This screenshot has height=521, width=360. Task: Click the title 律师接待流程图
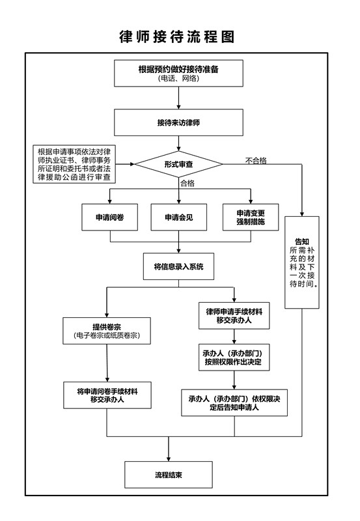177,36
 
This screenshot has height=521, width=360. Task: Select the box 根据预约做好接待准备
178,74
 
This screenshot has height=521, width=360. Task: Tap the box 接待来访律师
178,122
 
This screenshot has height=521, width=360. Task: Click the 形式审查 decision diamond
178,164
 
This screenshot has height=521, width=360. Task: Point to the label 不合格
256,161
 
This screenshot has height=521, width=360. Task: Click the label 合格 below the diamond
187,183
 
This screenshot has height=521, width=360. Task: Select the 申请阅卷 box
109,218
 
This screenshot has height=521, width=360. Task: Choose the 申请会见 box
178,218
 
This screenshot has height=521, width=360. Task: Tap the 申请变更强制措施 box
251,218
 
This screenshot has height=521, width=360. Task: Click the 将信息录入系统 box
178,266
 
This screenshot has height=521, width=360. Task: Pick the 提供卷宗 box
107,331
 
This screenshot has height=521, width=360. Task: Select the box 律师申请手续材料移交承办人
234,316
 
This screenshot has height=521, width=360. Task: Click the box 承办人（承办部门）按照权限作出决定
234,357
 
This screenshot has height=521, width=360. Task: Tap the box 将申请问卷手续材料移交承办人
107,395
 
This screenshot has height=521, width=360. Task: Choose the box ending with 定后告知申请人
234,402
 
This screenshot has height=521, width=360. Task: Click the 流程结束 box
169,475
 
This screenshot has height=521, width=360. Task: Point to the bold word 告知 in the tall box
302,242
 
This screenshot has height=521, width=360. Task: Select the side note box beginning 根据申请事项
74,164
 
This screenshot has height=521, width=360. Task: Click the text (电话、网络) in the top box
178,79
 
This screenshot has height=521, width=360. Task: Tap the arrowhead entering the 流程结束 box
169,459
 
